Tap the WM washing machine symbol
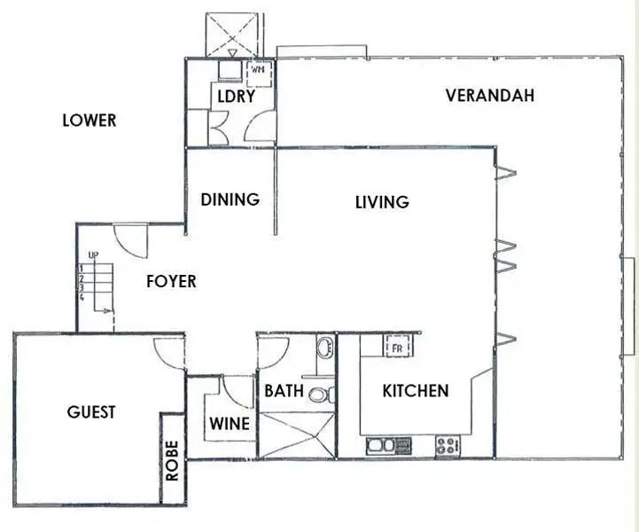(x=259, y=69)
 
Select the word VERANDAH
(x=490, y=95)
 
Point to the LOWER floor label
(x=89, y=120)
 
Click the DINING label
(x=230, y=199)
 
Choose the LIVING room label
(x=382, y=202)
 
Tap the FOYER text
(x=170, y=282)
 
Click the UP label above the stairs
(x=92, y=256)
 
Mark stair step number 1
(x=81, y=267)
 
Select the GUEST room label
(x=91, y=412)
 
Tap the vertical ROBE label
(x=172, y=460)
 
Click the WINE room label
(x=229, y=424)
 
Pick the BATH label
(x=284, y=390)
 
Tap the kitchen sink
(x=388, y=445)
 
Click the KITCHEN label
(x=415, y=391)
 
